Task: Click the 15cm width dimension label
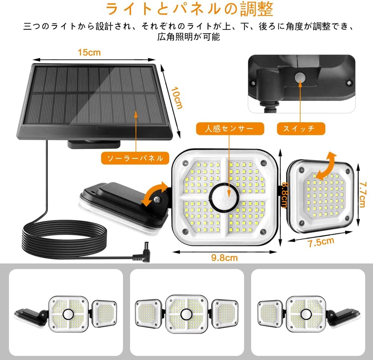pos(89,52)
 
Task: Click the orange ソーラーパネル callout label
pos(135,158)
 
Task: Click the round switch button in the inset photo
pos(300,78)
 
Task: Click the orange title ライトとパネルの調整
pos(189,10)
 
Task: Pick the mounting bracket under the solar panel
pos(94,143)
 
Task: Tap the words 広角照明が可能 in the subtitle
pos(188,37)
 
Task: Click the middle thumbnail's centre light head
pos(187,314)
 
